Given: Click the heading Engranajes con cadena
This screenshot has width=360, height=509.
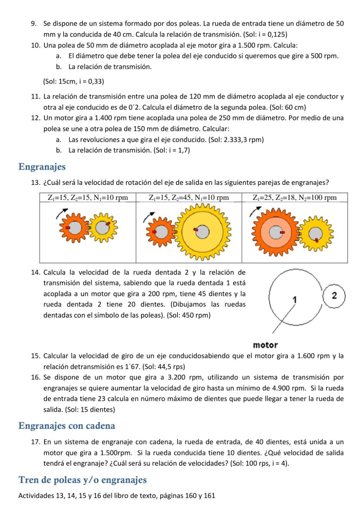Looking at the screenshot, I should point(67,426).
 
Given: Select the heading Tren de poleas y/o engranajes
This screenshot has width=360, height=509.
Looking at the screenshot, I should point(82,480).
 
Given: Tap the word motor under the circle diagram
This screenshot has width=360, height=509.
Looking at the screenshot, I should point(265,345).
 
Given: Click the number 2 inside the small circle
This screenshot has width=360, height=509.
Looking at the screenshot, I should point(334,296).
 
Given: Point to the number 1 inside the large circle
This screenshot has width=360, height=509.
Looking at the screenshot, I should point(294,299).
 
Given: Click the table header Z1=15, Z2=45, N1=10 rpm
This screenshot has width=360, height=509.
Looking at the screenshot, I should point(189,198).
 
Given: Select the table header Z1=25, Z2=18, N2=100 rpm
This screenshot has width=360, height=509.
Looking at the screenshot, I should point(294,198).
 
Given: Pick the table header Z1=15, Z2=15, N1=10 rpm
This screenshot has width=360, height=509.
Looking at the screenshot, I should point(88,198).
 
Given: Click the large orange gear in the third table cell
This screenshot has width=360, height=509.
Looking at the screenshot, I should point(274,232).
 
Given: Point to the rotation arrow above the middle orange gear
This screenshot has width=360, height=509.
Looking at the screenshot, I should point(150,216).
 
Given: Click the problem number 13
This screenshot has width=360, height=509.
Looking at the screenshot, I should point(35,182).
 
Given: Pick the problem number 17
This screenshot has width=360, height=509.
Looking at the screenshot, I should point(35,442).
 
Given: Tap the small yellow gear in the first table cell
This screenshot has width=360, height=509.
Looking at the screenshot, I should point(102,228).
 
